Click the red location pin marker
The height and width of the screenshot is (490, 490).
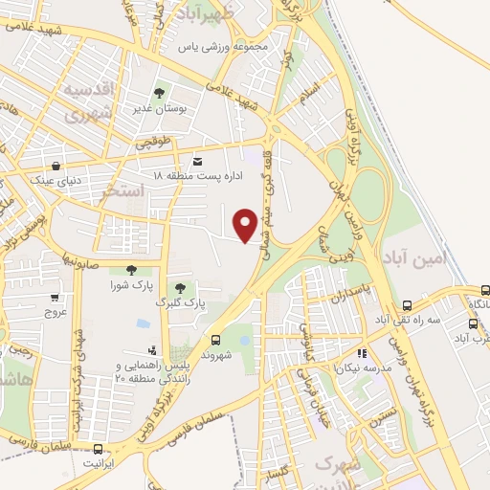(246, 223)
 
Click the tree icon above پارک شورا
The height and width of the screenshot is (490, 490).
(131, 271)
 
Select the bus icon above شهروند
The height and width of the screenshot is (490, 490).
(215, 339)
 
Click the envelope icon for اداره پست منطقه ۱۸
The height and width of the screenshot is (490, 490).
(197, 162)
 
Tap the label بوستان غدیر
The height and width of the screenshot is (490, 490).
(159, 109)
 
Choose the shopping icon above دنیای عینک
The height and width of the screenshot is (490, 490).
(56, 166)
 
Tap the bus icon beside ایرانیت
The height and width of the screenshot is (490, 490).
(98, 448)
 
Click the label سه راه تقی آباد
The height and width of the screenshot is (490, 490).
(419, 319)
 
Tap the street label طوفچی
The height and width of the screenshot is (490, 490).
(150, 145)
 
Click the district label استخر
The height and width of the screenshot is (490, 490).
(122, 192)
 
